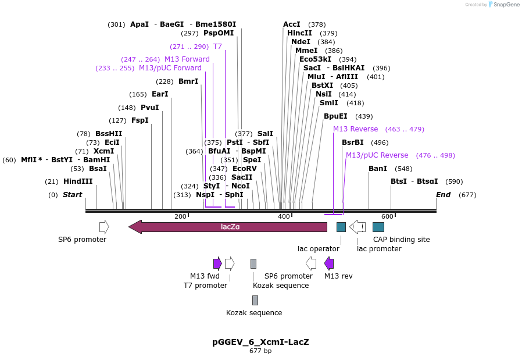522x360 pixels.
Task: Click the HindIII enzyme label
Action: click(x=78, y=181)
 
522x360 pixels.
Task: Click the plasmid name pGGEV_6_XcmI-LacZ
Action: click(x=260, y=342)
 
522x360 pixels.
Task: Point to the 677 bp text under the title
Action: click(x=260, y=351)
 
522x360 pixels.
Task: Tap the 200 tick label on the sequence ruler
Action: click(x=180, y=216)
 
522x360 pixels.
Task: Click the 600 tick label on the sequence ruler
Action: click(x=387, y=216)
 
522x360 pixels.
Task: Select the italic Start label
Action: click(x=73, y=195)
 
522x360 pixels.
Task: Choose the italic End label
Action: click(x=443, y=195)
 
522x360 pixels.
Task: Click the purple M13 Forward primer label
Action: click(x=187, y=59)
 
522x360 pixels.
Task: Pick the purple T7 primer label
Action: click(x=217, y=47)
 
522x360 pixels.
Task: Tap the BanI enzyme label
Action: click(x=378, y=169)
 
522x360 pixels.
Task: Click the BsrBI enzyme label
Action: click(x=353, y=142)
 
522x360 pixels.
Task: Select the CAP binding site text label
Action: click(x=401, y=239)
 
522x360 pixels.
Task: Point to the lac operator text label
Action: click(x=319, y=249)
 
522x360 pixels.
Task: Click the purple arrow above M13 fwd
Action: click(x=217, y=263)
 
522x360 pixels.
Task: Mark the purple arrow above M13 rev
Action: click(x=329, y=263)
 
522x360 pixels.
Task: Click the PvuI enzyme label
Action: click(x=149, y=108)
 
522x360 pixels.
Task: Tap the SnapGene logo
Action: click(x=503, y=5)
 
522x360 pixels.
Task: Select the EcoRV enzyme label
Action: click(x=245, y=169)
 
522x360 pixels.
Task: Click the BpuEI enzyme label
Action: click(x=335, y=116)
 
